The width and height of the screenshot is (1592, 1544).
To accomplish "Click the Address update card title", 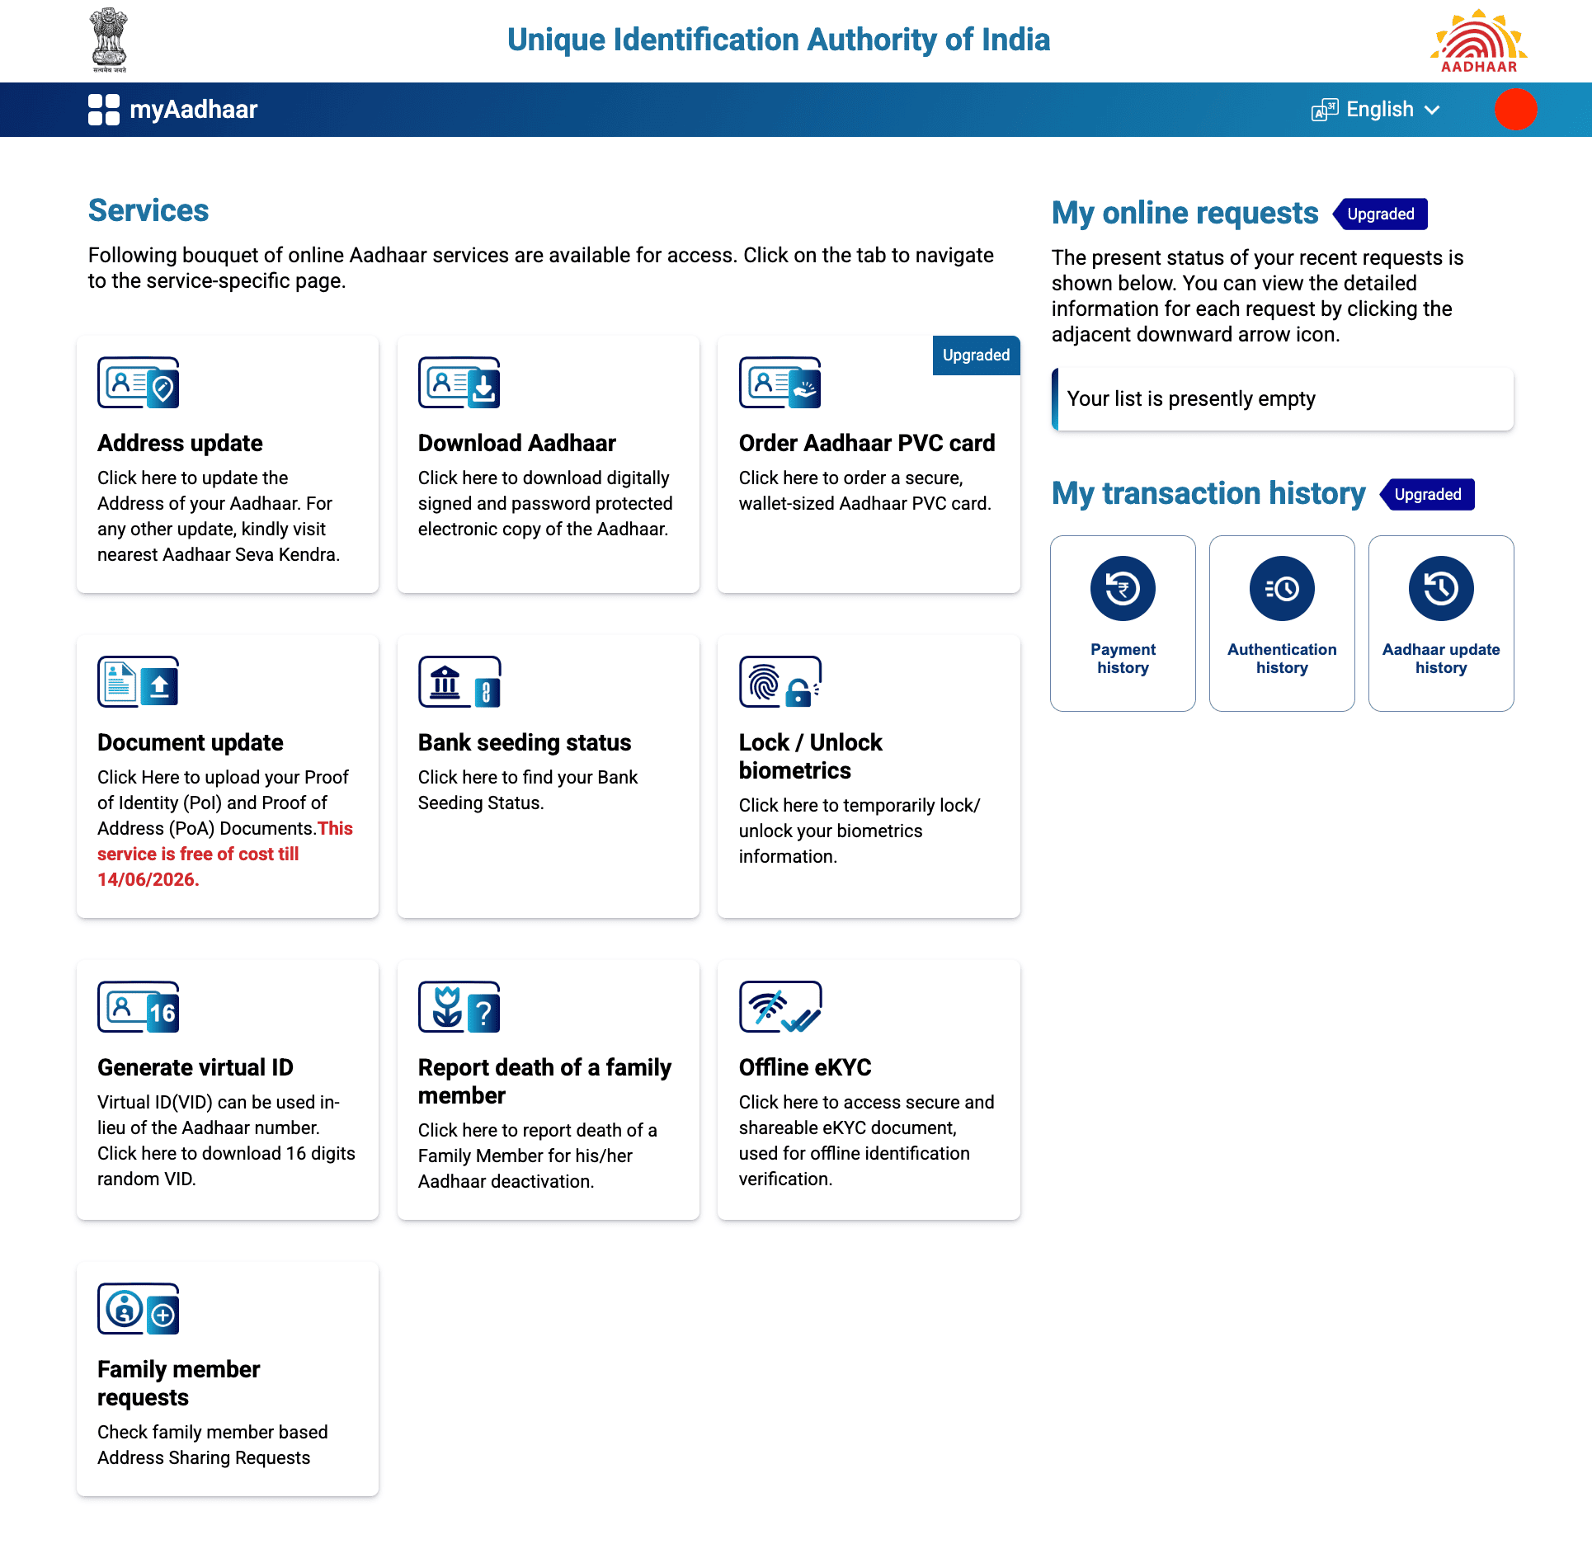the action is click(x=180, y=443).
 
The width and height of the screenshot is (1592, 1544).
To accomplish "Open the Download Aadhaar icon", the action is click(x=459, y=383).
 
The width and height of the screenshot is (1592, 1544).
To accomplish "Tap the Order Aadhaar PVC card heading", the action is click(x=866, y=443).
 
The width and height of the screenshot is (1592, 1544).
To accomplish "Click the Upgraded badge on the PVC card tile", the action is click(x=976, y=355).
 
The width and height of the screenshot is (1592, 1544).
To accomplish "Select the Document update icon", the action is click(x=138, y=682).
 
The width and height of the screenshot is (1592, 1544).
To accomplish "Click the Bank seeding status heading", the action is click(x=524, y=742).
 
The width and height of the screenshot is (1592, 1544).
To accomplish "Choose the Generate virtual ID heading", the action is click(x=195, y=1067).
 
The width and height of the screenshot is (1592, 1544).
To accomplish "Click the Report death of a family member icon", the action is click(x=459, y=1007).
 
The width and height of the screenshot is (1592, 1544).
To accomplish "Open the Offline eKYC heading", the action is click(x=804, y=1067).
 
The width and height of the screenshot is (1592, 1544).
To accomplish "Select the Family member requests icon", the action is click(x=138, y=1309).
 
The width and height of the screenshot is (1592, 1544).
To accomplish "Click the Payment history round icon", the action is click(x=1123, y=589).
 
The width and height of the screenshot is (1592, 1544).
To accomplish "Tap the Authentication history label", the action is click(x=1281, y=658).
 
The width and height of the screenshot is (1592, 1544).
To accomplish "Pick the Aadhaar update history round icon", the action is click(x=1440, y=589).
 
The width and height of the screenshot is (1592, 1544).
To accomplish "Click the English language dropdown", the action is click(x=1377, y=110).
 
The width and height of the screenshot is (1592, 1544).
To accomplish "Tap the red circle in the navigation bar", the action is click(x=1514, y=110).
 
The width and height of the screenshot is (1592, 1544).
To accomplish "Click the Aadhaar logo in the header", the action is click(x=1478, y=40).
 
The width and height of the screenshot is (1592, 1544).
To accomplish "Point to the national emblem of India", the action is click(x=109, y=40).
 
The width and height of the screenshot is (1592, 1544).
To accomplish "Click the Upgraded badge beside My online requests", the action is click(x=1380, y=214).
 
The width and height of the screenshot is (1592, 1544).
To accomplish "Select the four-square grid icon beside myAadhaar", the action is click(x=104, y=110).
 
